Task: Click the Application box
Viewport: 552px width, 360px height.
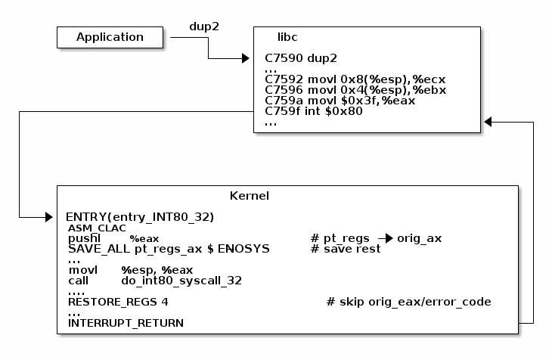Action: click(110, 37)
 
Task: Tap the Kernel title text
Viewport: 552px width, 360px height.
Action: click(250, 196)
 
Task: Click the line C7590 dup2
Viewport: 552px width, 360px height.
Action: click(301, 57)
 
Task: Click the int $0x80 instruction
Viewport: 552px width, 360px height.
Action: click(314, 111)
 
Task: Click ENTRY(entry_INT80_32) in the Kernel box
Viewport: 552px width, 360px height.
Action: click(140, 217)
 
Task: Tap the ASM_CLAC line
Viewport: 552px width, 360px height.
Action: click(97, 228)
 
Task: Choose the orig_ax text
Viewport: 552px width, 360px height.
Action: click(419, 238)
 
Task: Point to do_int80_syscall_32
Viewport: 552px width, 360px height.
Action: click(181, 281)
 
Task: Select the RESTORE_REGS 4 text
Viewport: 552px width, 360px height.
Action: click(118, 302)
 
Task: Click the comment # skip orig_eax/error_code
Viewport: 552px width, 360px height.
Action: click(408, 302)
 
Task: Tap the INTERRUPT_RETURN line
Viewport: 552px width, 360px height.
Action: click(126, 323)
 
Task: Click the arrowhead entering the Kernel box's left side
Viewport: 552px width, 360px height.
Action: click(50, 218)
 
